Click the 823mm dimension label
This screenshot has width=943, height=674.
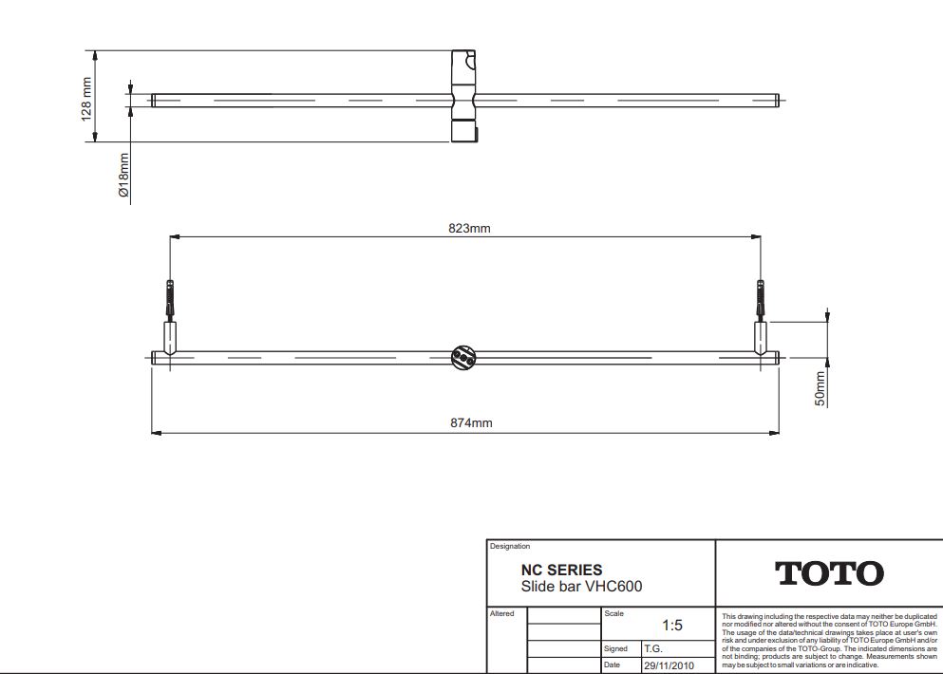[x=469, y=228]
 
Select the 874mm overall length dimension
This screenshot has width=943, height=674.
[x=471, y=423]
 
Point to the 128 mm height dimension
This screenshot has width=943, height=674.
[x=86, y=98]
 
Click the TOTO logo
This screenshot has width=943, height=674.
[x=829, y=573]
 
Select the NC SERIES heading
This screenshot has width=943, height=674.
[x=561, y=571]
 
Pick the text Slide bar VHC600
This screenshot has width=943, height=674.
[x=581, y=587]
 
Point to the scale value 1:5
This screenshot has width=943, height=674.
[x=671, y=626]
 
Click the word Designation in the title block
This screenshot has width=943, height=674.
[x=510, y=547]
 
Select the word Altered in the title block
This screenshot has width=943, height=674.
[x=502, y=614]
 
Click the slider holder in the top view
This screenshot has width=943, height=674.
[x=463, y=98]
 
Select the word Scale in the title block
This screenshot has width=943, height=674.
[x=613, y=614]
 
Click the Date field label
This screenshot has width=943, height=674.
[x=613, y=665]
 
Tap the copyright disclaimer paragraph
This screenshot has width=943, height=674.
[x=828, y=640]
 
